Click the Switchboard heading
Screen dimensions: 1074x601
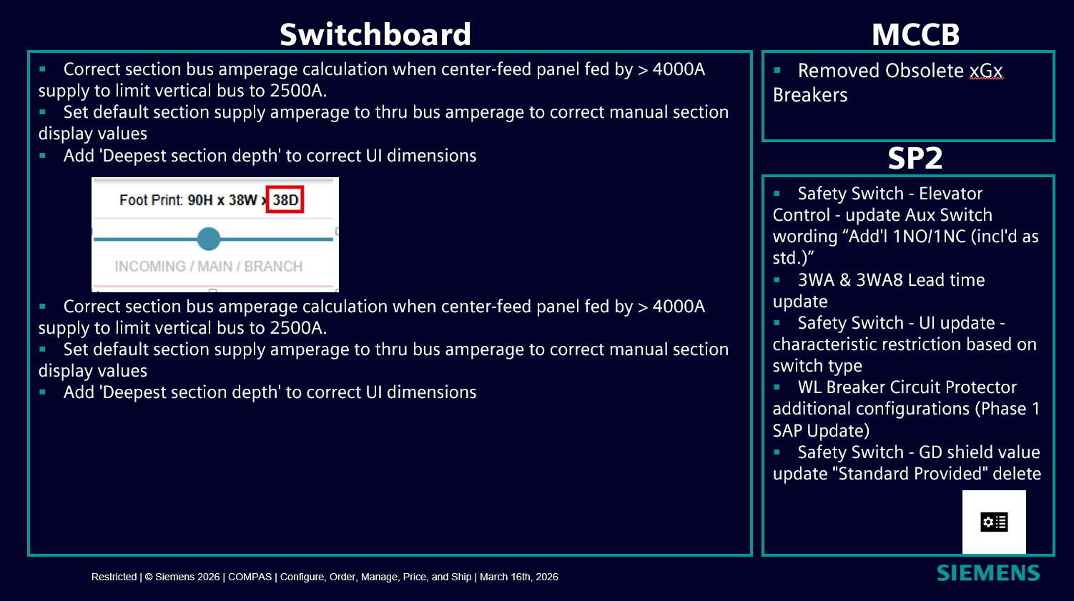coord(375,34)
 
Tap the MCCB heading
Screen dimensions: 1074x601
coord(915,34)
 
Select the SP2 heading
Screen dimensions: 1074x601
coord(915,158)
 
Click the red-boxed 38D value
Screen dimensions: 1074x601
coord(285,199)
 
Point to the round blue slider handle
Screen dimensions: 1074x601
coord(209,239)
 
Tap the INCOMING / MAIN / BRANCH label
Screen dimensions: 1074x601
coord(209,266)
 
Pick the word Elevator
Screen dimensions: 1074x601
coord(951,194)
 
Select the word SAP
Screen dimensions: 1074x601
coord(788,431)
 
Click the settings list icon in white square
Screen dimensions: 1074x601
coord(994,522)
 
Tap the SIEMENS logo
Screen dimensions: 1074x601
coord(988,573)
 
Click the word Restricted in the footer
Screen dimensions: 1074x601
coord(114,577)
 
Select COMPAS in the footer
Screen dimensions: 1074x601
coord(250,577)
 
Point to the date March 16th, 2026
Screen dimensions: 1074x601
coord(519,577)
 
